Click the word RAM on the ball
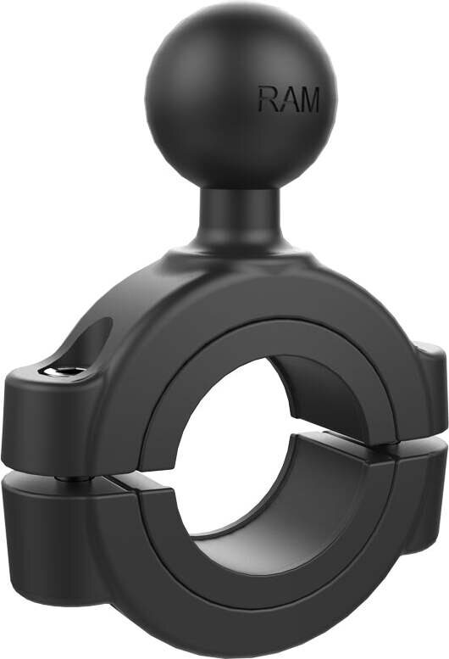[x=289, y=100]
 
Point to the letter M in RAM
[x=308, y=100]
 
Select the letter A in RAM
[x=288, y=100]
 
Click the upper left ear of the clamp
[x=51, y=407]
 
